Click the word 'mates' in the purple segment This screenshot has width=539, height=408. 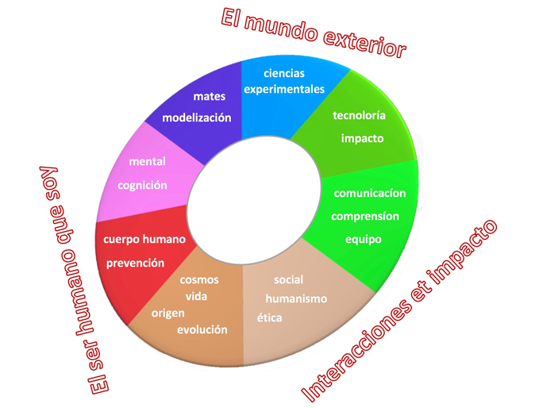pyautogui.click(x=210, y=96)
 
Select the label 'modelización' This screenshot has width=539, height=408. pyautogui.click(x=197, y=117)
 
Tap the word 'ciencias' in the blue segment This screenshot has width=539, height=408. pyautogui.click(x=284, y=73)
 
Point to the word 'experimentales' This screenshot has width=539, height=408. pyautogui.click(x=284, y=90)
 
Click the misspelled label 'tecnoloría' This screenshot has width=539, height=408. pyautogui.click(x=359, y=115)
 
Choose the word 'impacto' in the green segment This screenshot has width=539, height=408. pyautogui.click(x=362, y=139)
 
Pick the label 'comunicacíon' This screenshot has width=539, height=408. pyautogui.click(x=370, y=193)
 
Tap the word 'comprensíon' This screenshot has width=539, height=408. pyautogui.click(x=365, y=216)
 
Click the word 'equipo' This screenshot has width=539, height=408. pyautogui.click(x=364, y=239)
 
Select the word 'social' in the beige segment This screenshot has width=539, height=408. pyautogui.click(x=288, y=279)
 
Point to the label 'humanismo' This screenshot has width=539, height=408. pyautogui.click(x=296, y=298)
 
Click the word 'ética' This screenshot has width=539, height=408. pyautogui.click(x=270, y=318)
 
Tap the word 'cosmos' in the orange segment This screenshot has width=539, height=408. pyautogui.click(x=199, y=279)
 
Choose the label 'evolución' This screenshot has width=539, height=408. pyautogui.click(x=202, y=329)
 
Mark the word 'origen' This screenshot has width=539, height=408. pyautogui.click(x=168, y=314)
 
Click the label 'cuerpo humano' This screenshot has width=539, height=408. pyautogui.click(x=144, y=239)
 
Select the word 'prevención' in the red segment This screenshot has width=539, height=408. pyautogui.click(x=135, y=263)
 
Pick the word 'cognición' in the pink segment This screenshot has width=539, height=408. pyautogui.click(x=142, y=186)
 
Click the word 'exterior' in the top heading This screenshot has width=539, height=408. pyautogui.click(x=364, y=43)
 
